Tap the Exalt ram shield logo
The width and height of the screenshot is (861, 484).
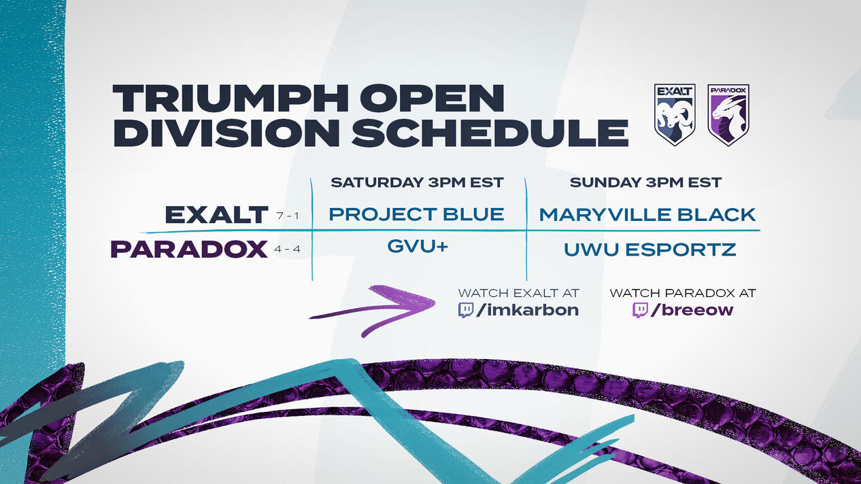[x=675, y=114]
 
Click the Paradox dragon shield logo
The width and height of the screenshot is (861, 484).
[x=728, y=114]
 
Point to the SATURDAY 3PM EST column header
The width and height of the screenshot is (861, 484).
[x=417, y=182]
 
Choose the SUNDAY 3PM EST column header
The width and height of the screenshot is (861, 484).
[x=645, y=182]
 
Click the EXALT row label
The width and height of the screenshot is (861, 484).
[x=216, y=214]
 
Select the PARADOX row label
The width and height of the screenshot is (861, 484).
[x=189, y=249]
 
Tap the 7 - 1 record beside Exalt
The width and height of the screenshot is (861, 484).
[x=288, y=216]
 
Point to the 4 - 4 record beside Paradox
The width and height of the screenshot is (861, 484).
[x=287, y=249]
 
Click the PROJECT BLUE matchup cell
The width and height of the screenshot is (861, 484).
[x=416, y=214]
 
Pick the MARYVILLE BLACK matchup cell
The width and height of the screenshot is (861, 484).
[x=647, y=214]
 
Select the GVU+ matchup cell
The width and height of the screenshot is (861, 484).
[x=418, y=246]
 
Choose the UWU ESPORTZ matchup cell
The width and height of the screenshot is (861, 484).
[x=649, y=249]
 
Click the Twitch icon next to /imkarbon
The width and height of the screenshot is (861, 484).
[x=465, y=310]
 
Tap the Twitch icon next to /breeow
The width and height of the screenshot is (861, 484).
[x=640, y=310]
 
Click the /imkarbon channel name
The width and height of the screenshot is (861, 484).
[x=527, y=309]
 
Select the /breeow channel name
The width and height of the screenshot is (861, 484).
[x=692, y=310]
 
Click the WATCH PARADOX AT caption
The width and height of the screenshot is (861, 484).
[x=683, y=293]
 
